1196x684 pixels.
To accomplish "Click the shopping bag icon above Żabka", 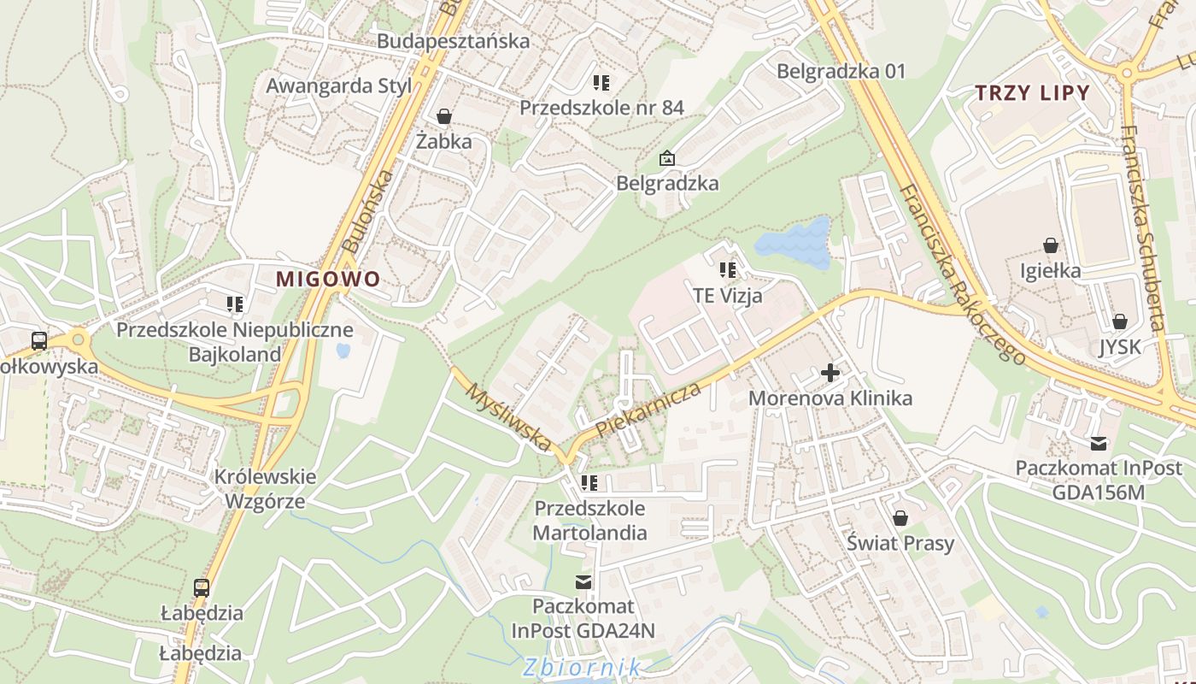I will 443,115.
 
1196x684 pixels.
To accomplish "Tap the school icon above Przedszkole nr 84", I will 601,83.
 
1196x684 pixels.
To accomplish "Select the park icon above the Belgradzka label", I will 666,158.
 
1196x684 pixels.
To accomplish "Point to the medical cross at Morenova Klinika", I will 830,373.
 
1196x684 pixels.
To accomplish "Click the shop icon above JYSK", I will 1119,321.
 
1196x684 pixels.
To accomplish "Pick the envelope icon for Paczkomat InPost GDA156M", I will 1098,444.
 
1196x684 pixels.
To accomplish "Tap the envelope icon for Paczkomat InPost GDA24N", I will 583,581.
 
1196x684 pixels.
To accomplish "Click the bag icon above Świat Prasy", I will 900,518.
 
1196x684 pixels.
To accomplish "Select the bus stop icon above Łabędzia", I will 202,588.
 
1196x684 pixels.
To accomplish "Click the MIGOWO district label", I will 327,279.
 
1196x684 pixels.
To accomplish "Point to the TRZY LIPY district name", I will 1033,93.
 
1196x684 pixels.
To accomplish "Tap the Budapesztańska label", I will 453,41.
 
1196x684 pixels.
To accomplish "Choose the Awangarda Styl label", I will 339,85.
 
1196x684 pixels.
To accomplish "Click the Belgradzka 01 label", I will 841,71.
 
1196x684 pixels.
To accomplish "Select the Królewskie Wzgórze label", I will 265,489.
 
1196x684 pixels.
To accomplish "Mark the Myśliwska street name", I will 509,416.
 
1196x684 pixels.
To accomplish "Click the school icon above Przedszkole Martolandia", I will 589,483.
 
